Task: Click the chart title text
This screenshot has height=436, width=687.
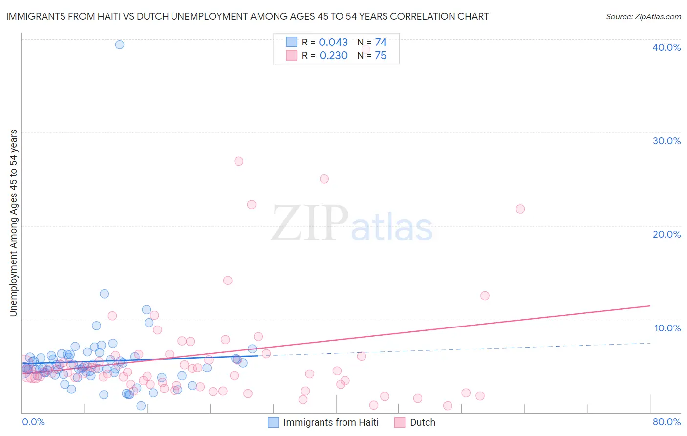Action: (247, 16)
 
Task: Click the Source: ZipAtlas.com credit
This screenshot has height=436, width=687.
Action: (643, 16)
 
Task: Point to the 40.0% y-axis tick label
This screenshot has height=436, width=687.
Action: (666, 47)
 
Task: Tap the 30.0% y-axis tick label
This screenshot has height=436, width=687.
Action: (666, 141)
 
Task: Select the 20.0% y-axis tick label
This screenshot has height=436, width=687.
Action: (666, 234)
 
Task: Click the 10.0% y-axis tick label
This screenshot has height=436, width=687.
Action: (667, 328)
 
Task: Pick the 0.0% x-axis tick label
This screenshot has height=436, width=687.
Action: (33, 422)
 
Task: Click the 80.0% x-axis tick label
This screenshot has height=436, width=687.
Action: (666, 422)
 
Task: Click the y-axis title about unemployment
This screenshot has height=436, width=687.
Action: (14, 223)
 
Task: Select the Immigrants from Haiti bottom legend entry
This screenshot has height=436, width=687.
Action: (331, 422)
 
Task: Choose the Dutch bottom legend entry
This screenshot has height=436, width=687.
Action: (422, 422)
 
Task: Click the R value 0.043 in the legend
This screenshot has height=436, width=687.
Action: (333, 43)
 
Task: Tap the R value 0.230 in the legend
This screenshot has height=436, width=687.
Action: (333, 56)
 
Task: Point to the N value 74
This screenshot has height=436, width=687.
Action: (381, 43)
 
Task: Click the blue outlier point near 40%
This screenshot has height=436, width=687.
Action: (120, 44)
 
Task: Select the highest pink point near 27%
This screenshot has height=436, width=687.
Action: (238, 161)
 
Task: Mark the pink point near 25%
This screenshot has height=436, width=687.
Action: (324, 179)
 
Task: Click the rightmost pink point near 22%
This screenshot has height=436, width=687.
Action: (520, 209)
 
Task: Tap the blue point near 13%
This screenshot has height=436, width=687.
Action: (104, 294)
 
